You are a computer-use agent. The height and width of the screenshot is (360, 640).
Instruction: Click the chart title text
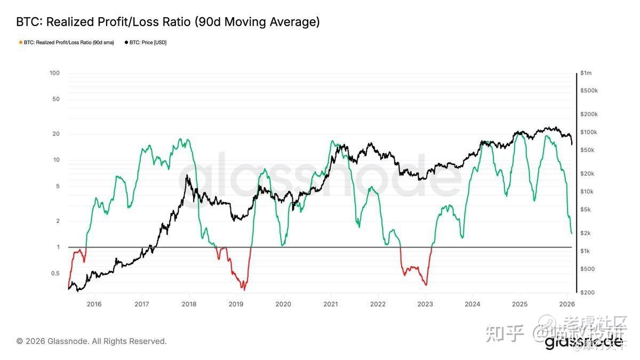[168, 22]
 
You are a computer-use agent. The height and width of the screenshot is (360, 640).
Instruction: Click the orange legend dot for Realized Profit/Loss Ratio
[20, 43]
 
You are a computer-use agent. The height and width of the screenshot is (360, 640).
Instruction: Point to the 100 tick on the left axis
[54, 73]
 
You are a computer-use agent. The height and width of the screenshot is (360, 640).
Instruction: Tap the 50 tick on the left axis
[55, 99]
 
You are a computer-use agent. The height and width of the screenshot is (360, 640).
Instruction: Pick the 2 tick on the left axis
[57, 221]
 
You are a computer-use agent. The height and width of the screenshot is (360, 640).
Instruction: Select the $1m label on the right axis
[586, 73]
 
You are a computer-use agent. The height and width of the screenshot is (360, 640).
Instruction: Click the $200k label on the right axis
[589, 114]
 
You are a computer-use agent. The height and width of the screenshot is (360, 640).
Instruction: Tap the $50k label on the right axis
[587, 150]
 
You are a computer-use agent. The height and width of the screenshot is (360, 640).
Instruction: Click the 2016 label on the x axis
[94, 304]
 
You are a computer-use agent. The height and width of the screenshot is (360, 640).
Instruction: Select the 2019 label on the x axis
[236, 304]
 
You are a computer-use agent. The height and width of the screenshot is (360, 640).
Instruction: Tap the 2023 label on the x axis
[425, 304]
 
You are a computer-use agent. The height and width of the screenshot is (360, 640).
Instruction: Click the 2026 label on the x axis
[566, 304]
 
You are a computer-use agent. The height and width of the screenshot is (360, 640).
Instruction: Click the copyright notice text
[91, 341]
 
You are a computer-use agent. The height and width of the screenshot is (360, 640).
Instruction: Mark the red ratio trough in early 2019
[243, 289]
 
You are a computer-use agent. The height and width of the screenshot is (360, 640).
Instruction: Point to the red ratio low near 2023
[426, 284]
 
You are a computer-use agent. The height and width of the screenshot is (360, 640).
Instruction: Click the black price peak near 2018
[187, 175]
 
